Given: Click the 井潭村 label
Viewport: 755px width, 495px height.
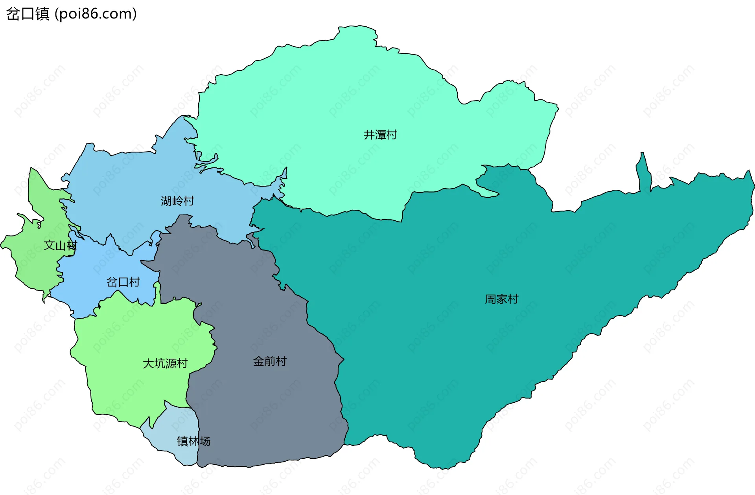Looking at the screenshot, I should click(x=380, y=135).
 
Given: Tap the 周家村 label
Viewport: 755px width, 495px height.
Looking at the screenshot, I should click(x=501, y=299).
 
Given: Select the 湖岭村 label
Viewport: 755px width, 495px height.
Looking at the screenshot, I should click(x=177, y=201).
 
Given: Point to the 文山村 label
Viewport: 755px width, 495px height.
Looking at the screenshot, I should click(x=60, y=246).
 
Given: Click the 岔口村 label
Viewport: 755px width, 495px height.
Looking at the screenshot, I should click(x=123, y=282).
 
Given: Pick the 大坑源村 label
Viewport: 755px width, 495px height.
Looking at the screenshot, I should click(x=165, y=363).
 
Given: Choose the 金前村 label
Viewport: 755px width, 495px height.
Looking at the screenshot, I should click(x=270, y=361).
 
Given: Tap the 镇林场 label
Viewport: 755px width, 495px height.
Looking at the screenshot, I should click(x=193, y=441).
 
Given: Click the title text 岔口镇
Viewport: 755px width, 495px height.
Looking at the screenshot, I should click(x=28, y=14).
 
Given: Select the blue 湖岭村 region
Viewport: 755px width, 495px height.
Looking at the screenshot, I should click(x=130, y=185).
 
